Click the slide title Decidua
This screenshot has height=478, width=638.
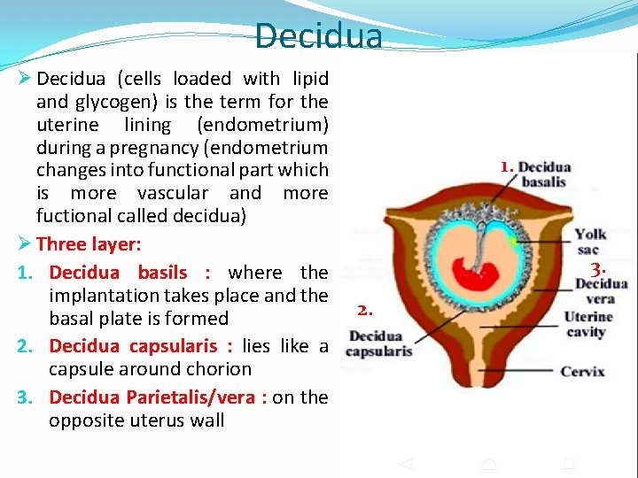tap(319, 36)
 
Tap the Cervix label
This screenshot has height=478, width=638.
tap(582, 371)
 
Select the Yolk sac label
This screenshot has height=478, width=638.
tap(590, 242)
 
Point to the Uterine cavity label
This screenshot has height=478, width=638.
tap(587, 324)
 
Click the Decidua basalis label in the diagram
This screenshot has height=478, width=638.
tap(544, 174)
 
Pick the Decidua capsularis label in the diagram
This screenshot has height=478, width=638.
tap(380, 343)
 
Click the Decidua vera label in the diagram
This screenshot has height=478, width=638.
tap(601, 291)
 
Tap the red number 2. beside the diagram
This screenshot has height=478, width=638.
tap(365, 310)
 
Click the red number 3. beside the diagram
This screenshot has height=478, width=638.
tap(599, 268)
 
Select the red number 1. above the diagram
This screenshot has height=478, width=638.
tap(506, 166)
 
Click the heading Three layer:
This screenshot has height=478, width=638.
tap(89, 244)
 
